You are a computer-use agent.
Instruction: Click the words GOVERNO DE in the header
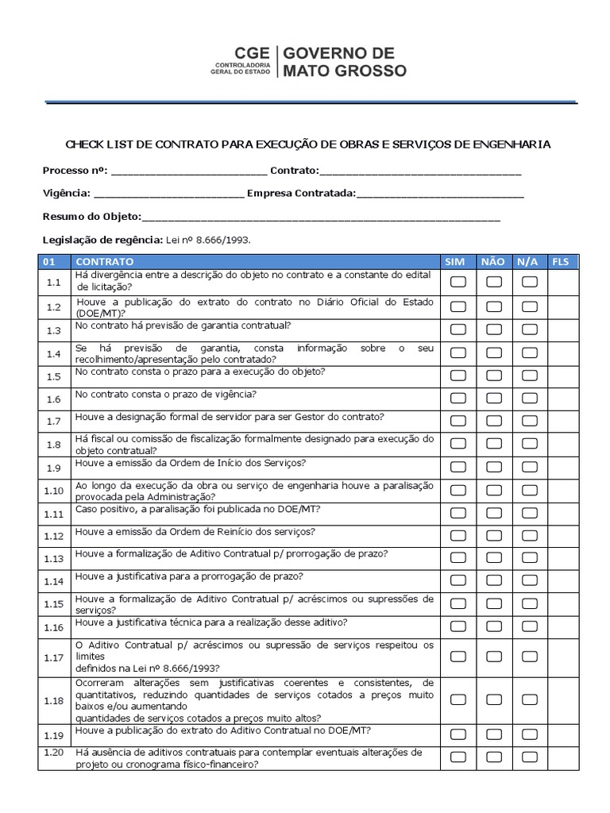(339, 53)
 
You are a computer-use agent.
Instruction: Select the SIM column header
(455, 261)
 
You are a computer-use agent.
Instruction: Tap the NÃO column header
(492, 261)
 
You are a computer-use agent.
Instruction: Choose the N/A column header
(527, 261)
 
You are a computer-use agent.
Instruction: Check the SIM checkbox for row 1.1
(458, 281)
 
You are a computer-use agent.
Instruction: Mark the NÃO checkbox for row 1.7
(494, 420)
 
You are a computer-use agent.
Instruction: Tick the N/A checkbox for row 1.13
(530, 558)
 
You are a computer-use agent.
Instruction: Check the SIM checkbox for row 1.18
(458, 699)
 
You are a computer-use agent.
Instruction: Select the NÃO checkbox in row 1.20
(494, 757)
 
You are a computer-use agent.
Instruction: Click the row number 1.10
(54, 491)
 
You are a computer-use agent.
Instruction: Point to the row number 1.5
(54, 376)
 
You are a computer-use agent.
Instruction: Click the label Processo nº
(75, 170)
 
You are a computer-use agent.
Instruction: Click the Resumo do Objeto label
(91, 216)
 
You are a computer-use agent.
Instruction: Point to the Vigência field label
(67, 193)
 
